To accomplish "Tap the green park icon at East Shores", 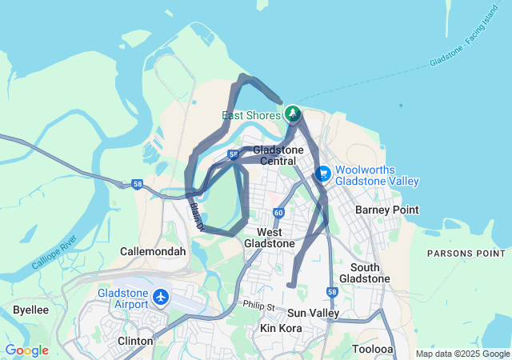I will pos(293,114).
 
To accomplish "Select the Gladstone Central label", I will pos(278,155).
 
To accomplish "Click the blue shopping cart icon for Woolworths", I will pos(324,173).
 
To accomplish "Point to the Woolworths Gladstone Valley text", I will pos(376,175).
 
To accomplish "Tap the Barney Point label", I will pos(386,210).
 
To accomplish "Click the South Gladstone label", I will pos(364,273).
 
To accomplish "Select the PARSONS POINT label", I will pos(466,253).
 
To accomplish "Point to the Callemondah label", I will pos(153,251).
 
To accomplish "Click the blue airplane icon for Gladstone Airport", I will pos(162,298).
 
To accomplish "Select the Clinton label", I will pos(135,341).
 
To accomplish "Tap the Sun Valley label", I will pos(313,313).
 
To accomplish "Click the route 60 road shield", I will pos(278,213).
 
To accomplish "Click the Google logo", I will pos(27,350).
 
